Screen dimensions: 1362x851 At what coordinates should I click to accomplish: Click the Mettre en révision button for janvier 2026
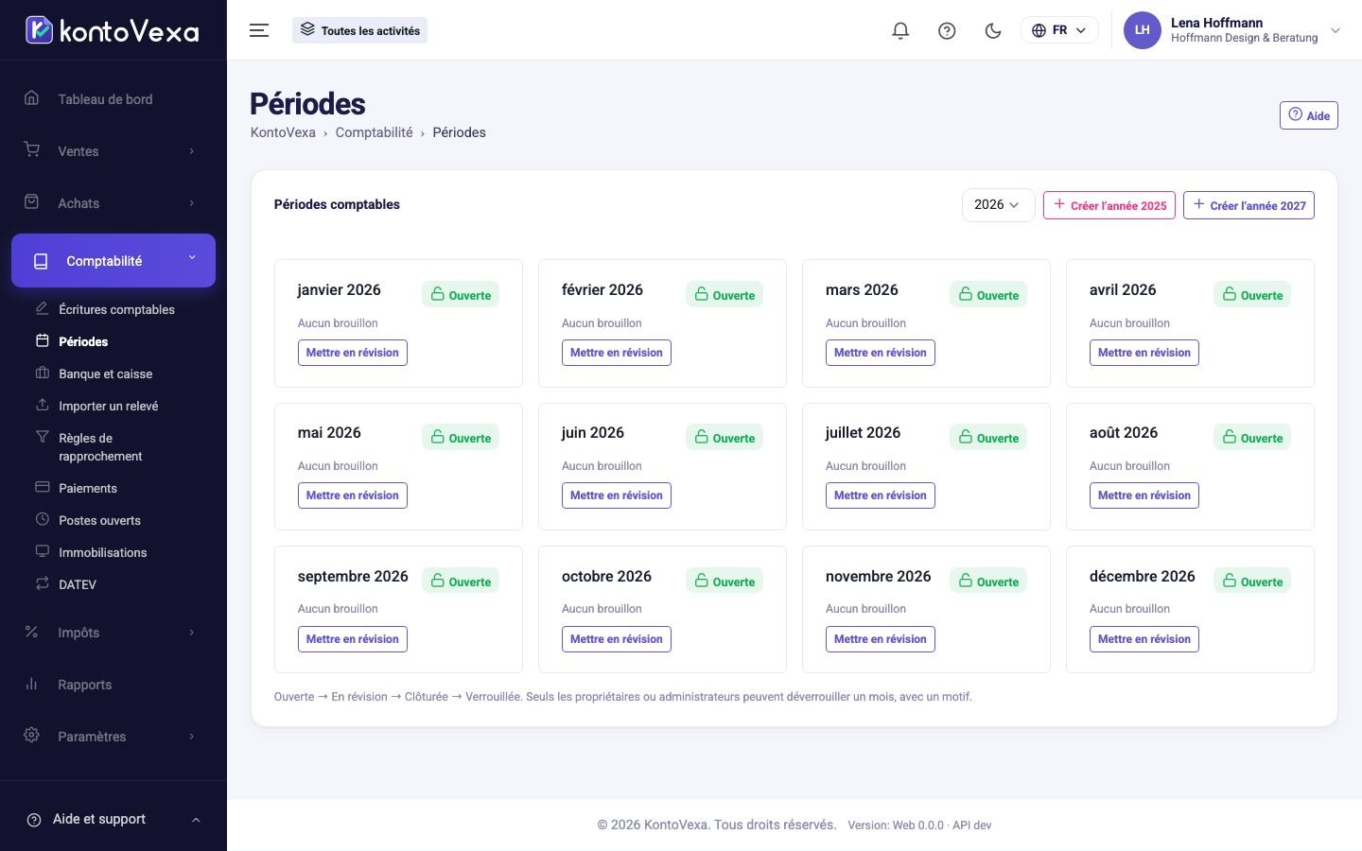352,353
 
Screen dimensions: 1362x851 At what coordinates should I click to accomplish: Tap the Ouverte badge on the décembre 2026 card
1252,582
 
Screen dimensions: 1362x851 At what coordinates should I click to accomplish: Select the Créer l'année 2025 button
1109,205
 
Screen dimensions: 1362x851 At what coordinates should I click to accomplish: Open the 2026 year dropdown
998,205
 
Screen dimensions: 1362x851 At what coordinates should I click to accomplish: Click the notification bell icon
900,30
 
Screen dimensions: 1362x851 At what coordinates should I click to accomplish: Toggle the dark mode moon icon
993,30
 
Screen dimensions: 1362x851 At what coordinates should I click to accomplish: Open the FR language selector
1059,30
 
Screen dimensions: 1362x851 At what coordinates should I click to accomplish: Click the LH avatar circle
1142,30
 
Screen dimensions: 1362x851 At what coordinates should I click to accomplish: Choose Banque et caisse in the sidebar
106,373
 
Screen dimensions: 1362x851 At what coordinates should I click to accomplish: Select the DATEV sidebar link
78,584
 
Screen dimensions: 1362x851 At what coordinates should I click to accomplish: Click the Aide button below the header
1308,115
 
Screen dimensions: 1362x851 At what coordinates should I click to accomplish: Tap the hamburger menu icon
259,30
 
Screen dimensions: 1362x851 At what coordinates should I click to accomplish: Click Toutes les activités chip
359,30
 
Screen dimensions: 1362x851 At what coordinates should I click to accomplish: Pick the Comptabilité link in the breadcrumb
374,132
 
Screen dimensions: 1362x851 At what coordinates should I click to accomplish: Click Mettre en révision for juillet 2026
880,495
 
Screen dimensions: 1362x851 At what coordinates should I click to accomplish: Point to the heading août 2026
1123,433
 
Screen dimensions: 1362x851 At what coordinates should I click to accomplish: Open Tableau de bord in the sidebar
105,99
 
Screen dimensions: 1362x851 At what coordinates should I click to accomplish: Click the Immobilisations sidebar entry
103,552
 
